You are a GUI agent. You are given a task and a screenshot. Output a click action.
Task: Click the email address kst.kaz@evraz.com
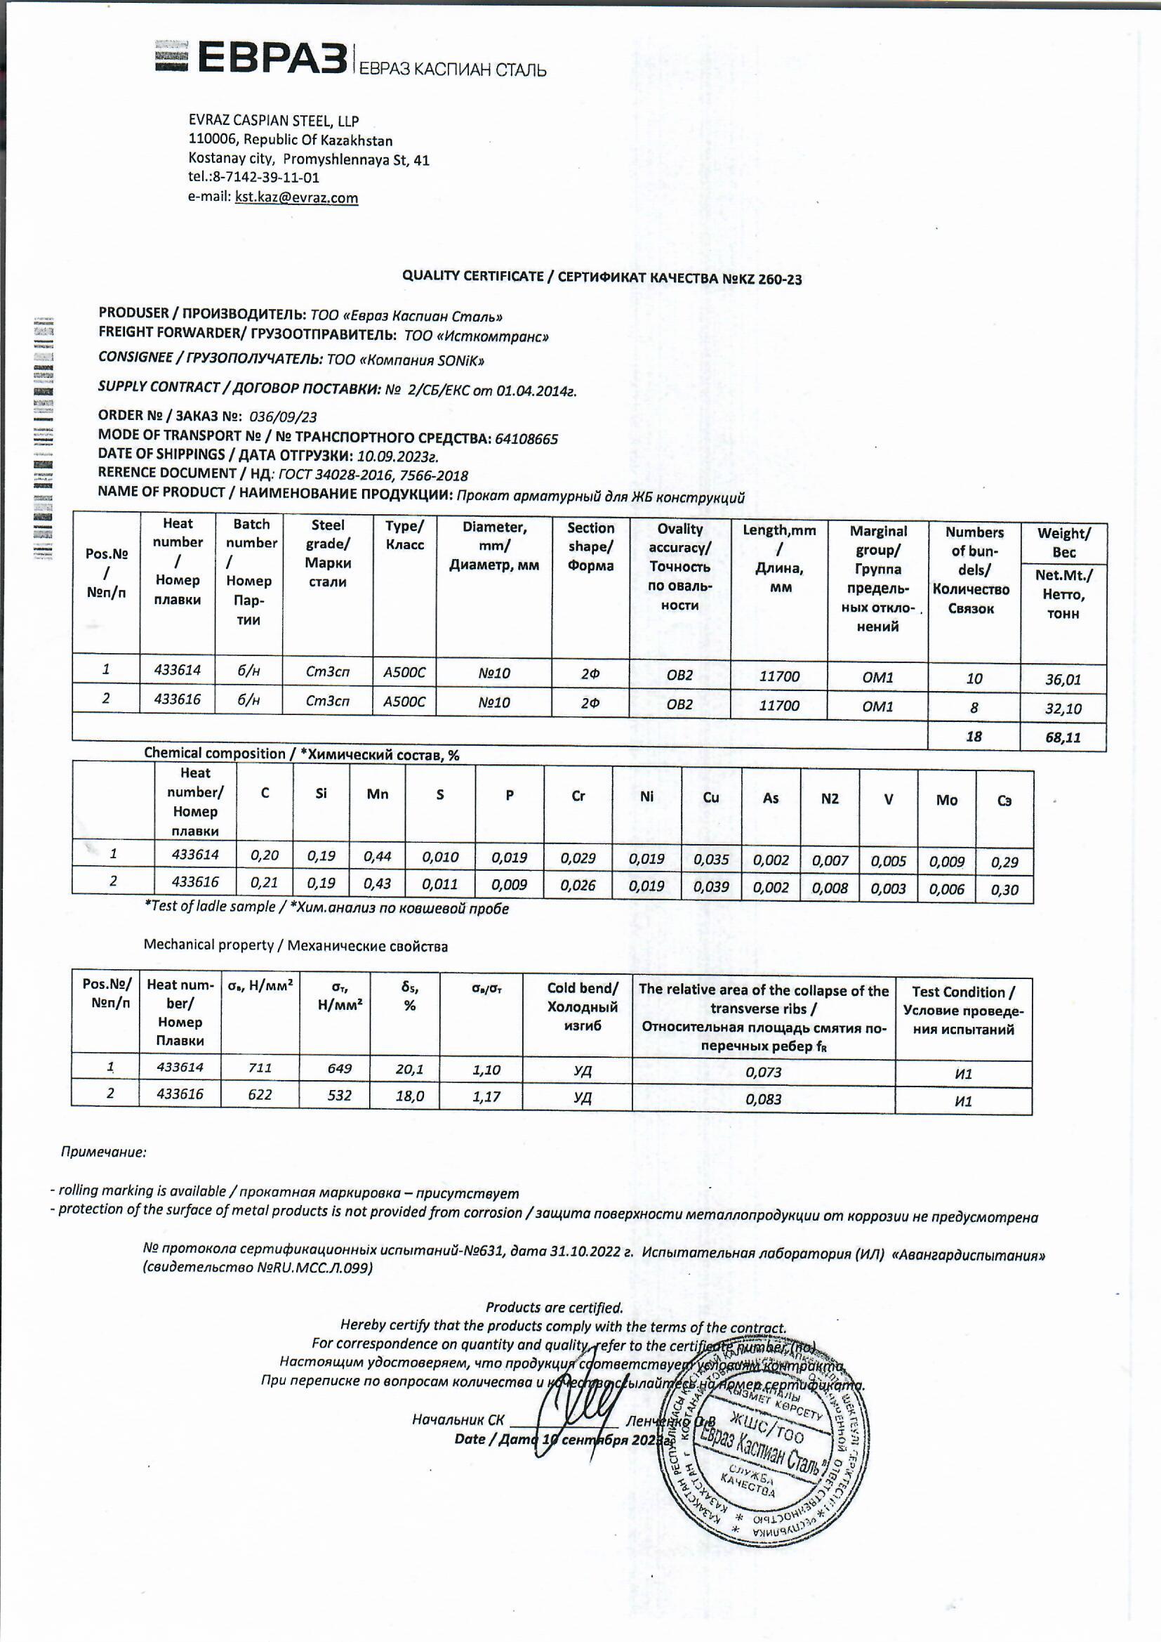point(296,197)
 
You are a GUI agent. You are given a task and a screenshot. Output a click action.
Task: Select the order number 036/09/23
point(282,416)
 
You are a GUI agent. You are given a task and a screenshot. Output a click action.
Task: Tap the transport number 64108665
point(526,438)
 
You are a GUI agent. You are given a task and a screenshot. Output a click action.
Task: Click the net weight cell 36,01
point(1062,678)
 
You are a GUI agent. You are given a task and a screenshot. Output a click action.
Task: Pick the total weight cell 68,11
point(1062,737)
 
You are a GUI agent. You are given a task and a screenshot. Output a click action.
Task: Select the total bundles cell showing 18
point(974,736)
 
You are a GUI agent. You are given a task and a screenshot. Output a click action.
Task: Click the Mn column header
point(377,794)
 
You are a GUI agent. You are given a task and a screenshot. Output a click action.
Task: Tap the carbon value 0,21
point(265,883)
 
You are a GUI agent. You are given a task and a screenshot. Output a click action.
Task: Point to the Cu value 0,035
point(710,859)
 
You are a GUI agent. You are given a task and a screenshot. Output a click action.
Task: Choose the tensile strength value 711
point(260,1068)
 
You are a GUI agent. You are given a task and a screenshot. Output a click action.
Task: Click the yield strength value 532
point(339,1095)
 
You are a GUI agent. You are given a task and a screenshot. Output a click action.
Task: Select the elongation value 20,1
point(410,1069)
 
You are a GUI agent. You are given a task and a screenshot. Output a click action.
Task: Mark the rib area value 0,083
point(763,1099)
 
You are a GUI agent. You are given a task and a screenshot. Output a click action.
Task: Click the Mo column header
point(946,800)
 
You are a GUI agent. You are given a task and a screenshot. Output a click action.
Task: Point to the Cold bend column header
point(582,1007)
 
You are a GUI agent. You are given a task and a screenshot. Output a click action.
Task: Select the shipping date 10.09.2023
point(397,457)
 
